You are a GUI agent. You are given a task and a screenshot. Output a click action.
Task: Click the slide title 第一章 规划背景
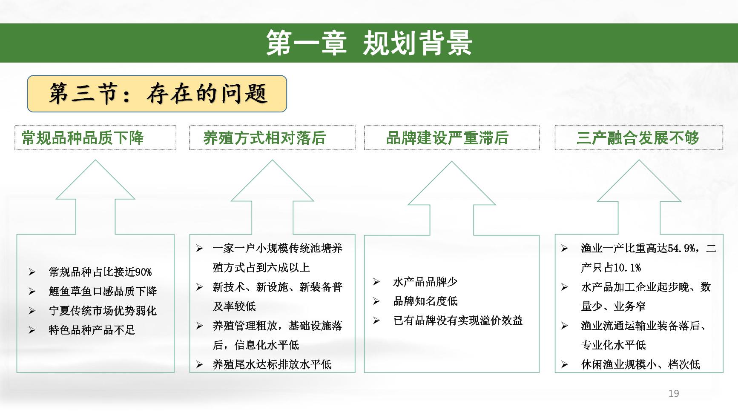369,43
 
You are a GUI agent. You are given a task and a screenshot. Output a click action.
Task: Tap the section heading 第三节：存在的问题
157,94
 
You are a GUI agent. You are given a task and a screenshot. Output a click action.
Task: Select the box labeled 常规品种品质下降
95,138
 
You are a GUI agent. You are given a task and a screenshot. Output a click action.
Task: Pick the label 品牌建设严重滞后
447,138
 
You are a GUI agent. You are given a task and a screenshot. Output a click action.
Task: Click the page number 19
674,394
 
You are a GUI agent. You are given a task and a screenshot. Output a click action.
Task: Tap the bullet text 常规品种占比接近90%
100,272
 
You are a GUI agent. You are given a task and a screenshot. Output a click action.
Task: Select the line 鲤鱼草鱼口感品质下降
103,291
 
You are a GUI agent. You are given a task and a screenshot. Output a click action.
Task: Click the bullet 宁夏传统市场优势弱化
103,311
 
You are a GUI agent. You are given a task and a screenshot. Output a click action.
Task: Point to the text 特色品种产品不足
92,330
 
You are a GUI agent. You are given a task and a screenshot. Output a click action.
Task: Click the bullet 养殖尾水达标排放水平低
272,364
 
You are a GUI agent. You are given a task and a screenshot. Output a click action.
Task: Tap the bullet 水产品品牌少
425,282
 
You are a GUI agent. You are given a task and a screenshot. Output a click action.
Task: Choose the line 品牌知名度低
425,301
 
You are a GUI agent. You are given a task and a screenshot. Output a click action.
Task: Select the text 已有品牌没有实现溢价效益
458,321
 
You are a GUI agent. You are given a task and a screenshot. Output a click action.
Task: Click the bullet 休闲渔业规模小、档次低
640,364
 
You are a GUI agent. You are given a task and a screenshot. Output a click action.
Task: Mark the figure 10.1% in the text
627,268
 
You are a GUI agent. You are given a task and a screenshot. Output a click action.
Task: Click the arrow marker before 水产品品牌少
376,282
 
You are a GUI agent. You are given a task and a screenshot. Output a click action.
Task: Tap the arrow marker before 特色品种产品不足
32,330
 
